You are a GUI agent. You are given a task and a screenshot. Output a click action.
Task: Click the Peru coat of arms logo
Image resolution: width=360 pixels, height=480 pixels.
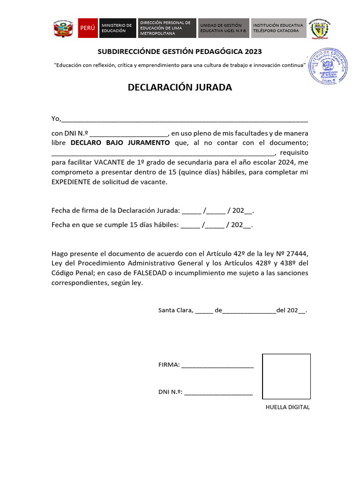tap(63, 29)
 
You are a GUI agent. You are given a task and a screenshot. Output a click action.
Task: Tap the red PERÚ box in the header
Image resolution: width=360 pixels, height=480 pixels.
tap(88, 28)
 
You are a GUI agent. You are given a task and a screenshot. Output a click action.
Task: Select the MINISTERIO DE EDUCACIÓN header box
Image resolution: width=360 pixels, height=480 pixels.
tap(117, 28)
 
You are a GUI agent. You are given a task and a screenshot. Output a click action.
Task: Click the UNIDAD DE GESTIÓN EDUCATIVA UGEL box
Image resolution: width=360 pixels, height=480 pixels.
tap(223, 28)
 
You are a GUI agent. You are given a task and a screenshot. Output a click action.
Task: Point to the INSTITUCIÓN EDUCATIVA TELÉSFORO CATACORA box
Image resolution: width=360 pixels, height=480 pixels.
tap(278, 28)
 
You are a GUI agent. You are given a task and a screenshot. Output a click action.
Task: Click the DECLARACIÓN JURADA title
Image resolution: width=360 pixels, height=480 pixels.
tap(180, 88)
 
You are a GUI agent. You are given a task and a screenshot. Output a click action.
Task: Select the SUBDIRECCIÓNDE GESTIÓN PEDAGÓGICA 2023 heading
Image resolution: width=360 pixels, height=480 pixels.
tap(180, 51)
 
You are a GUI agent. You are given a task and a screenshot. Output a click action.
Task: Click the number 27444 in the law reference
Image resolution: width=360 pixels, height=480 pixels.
tap(296, 254)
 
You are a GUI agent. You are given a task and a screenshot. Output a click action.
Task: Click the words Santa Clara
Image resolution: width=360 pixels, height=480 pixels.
tap(175, 310)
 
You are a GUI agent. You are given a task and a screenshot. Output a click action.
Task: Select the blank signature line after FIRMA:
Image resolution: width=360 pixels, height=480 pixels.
tap(217, 366)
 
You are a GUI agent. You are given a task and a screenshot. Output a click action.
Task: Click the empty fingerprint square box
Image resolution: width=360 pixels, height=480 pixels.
tap(286, 376)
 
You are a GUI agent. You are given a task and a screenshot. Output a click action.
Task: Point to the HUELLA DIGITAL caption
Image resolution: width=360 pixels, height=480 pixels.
tap(287, 407)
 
